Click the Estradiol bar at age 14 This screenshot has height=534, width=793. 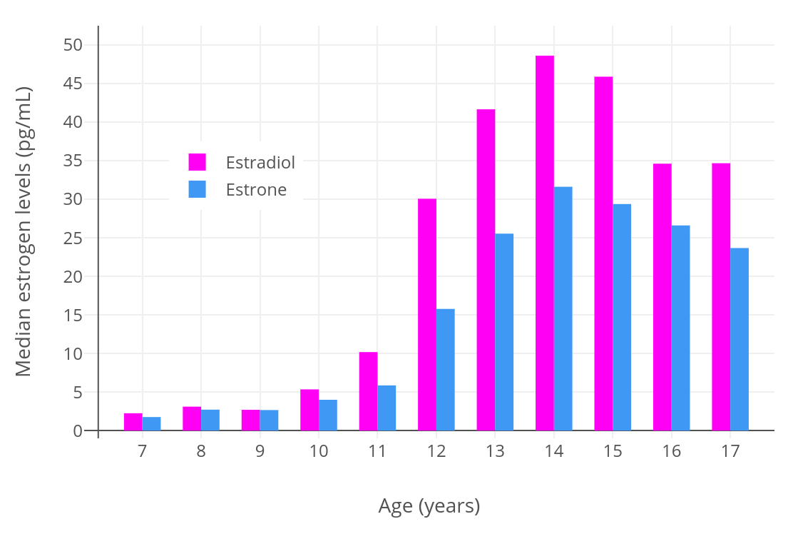[545, 243]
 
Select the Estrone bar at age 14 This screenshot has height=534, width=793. [563, 308]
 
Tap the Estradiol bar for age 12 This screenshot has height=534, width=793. [427, 314]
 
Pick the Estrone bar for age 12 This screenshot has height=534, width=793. [446, 370]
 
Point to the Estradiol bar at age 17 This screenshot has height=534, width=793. [721, 297]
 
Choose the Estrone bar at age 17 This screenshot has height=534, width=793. [740, 339]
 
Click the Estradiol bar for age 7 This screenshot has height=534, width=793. [133, 422]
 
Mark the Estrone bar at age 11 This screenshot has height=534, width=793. [387, 408]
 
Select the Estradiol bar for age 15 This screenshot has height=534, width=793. [603, 253]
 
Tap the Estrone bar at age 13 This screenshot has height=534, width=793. [504, 332]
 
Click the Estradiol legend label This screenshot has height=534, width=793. [260, 163]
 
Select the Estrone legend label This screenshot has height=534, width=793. [256, 190]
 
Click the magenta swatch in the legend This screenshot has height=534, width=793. [197, 162]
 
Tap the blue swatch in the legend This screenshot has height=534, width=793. [197, 189]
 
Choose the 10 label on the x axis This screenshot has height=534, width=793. [319, 451]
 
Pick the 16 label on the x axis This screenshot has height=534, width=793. [671, 451]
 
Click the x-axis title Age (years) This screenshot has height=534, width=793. [429, 506]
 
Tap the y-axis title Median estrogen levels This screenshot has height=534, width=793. [24, 231]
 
